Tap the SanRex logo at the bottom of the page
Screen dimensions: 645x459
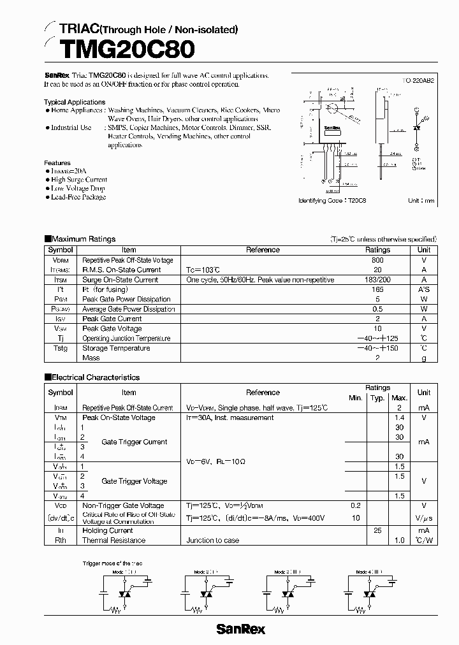(x=240, y=629)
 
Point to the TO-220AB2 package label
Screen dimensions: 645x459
(x=419, y=82)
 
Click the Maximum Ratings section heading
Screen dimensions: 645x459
(x=84, y=239)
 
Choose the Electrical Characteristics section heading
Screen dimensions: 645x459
(x=95, y=377)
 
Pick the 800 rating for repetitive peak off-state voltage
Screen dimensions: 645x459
(x=377, y=260)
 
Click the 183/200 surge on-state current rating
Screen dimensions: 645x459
(x=377, y=280)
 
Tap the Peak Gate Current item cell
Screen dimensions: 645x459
(x=112, y=319)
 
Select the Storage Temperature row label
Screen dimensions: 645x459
(x=116, y=348)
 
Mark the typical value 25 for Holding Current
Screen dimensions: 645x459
(x=377, y=530)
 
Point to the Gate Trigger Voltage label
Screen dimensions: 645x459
(x=134, y=481)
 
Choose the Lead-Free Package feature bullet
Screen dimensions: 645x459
(x=78, y=197)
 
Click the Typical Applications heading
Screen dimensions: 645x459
(x=75, y=102)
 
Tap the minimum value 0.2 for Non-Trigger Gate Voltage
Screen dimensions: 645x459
(x=355, y=505)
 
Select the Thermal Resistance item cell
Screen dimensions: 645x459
(x=113, y=540)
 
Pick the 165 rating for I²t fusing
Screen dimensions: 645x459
(x=377, y=289)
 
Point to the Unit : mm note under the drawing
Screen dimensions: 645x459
(x=421, y=201)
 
